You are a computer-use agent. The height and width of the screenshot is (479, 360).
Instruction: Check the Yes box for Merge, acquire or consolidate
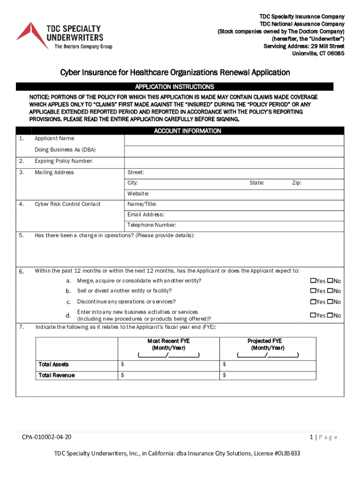pos(313,281)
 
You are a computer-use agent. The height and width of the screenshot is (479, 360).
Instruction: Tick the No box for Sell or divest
pos(330,291)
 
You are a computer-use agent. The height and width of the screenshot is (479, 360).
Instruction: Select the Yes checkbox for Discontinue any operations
pos(313,302)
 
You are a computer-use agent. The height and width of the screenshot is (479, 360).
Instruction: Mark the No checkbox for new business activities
pos(330,315)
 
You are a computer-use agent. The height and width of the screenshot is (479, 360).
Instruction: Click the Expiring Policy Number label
pos(64,161)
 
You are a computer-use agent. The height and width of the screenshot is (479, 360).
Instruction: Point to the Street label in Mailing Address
pos(136,173)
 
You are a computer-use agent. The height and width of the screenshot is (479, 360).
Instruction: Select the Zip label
pos(297,183)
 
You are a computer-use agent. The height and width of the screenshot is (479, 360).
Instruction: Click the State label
pos(257,183)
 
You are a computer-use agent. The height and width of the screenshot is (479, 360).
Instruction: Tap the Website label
pos(138,194)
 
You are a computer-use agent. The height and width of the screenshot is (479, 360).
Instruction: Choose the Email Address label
pos(145,215)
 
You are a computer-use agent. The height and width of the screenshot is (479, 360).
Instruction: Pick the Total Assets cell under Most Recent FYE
pos(168,364)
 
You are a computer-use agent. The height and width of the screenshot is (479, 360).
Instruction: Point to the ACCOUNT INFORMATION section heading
pos(187,131)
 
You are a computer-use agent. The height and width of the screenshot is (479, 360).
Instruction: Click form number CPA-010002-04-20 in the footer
pos(47,437)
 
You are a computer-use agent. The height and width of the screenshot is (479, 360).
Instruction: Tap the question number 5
pos(22,236)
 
